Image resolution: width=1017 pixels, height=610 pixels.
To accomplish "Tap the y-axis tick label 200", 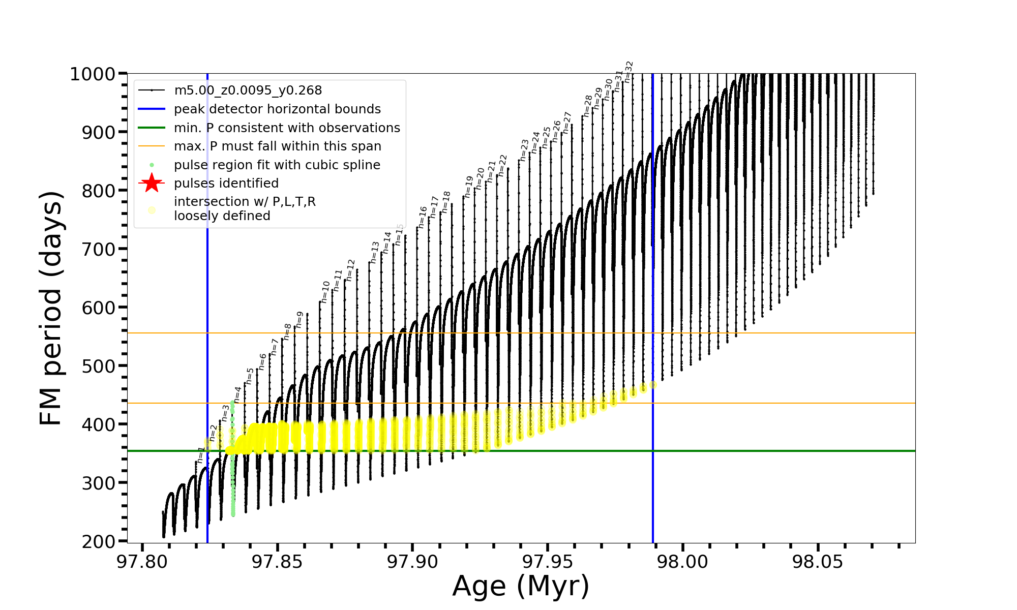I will point(99,542).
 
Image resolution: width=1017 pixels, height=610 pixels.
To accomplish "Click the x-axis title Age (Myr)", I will point(521,586).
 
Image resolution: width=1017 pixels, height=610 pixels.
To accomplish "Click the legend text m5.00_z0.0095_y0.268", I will point(248,90).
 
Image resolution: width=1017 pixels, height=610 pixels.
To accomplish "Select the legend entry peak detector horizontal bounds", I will point(277,109).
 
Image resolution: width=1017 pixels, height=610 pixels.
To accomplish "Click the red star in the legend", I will point(152,183).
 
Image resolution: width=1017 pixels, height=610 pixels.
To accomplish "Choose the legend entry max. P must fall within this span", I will point(277,146).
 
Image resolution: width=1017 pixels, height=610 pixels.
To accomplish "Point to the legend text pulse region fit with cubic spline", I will point(277,165).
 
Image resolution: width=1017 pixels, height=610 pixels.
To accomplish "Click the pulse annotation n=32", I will point(629,72).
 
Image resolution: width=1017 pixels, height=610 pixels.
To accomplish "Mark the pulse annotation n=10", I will point(325,292).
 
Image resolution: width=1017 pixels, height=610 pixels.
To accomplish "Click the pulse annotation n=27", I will point(567,123).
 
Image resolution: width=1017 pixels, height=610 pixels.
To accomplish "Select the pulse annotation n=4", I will point(237,394).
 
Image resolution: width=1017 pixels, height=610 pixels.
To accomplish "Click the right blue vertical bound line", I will point(653,305).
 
